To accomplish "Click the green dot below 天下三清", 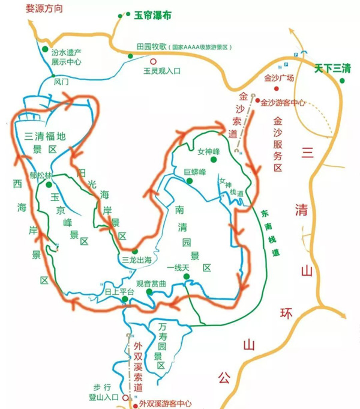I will point(343,80).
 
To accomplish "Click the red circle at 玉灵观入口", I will point(153,61).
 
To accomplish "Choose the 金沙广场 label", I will point(279,78).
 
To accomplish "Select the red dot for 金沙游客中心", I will point(257,101).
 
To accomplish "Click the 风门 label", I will point(62,80).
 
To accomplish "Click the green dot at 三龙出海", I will point(135,251).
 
